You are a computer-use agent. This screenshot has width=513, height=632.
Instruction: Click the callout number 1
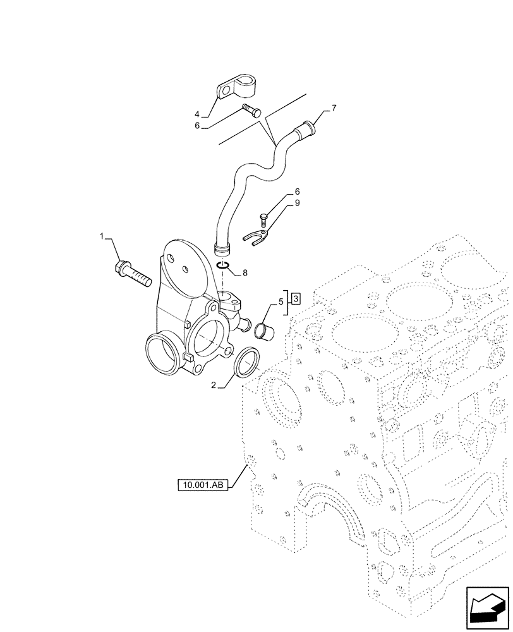pos(101,236)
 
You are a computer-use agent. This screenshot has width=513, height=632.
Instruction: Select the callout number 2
pos(214,384)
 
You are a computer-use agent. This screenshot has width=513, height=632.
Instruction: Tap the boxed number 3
pos(296,297)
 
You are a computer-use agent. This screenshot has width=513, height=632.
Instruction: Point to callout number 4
pos(197,114)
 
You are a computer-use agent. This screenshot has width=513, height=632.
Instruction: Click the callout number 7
pos(334,108)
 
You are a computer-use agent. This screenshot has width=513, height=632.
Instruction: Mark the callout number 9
pos(296,204)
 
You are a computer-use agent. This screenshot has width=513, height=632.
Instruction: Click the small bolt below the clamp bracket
pos(251,110)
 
